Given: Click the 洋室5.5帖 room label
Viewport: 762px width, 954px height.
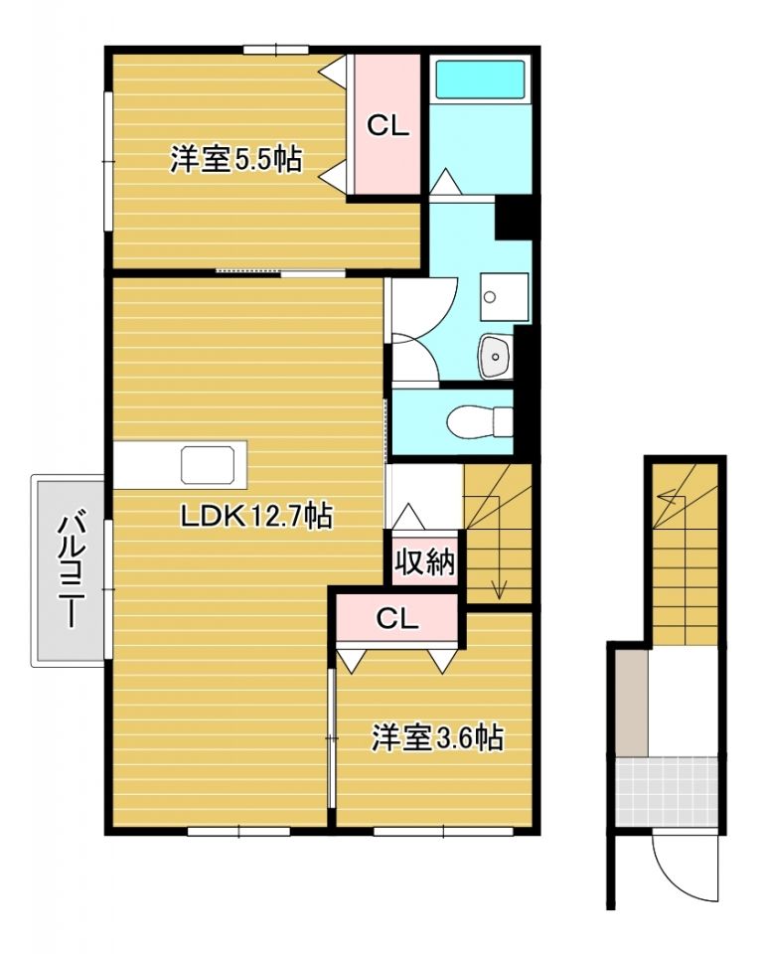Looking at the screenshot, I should click(236, 160).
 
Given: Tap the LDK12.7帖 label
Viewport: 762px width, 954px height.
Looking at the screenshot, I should click(255, 516).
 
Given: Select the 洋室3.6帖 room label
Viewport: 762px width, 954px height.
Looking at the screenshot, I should click(437, 738).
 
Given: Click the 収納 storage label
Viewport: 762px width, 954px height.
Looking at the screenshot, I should click(425, 563).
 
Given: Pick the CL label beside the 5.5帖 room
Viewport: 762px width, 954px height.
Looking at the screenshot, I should click(388, 126).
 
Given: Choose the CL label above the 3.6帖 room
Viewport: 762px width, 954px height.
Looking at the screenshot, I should click(397, 619).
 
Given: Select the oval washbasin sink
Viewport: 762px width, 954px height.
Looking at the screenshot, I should click(494, 357).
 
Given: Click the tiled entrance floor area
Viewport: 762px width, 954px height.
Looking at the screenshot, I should click(666, 789).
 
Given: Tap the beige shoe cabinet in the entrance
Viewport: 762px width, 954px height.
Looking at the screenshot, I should click(630, 702).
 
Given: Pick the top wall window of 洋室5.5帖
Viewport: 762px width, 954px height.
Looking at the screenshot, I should click(274, 49).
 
